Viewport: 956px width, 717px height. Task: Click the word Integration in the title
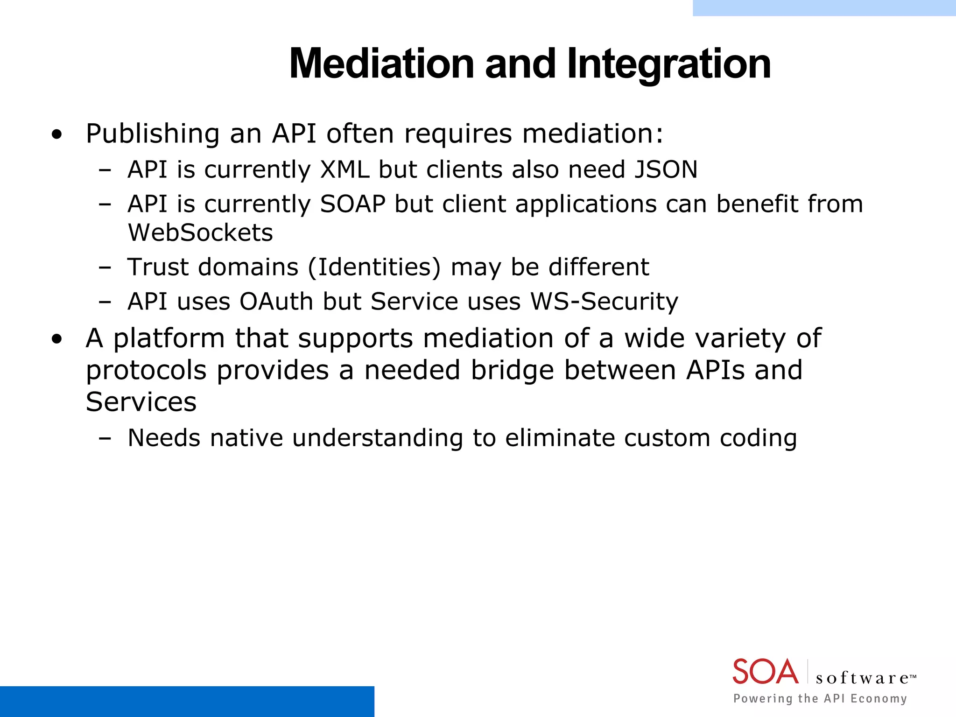click(668, 64)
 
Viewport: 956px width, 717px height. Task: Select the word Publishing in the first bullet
click(153, 134)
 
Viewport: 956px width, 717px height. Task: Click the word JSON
click(666, 169)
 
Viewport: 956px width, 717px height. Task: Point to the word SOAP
click(352, 204)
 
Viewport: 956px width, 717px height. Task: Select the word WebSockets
click(200, 232)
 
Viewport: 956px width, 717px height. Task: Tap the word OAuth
click(276, 302)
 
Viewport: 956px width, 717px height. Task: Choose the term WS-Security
click(604, 302)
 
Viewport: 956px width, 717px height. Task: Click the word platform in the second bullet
click(169, 339)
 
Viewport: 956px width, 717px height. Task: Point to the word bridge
click(512, 371)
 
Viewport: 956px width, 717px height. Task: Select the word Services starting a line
click(141, 402)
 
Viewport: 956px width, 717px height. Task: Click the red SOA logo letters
click(765, 672)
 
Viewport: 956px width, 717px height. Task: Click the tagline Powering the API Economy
click(820, 698)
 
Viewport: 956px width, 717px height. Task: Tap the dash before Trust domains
click(105, 268)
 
